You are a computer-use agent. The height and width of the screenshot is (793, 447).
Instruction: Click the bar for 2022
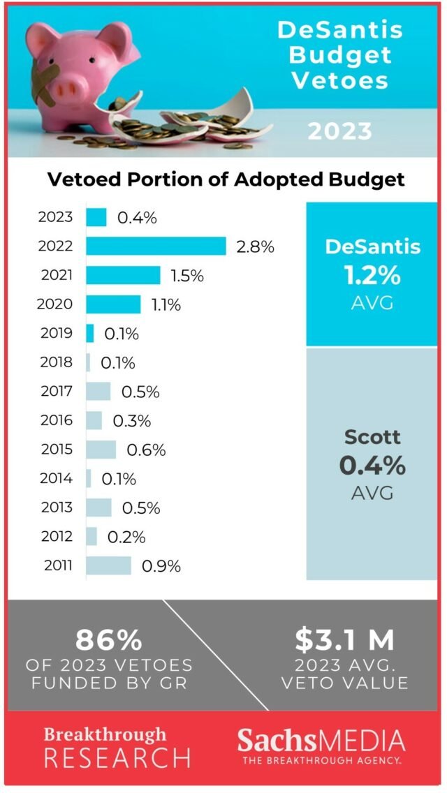156,246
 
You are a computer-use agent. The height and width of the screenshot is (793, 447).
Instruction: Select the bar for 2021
123,275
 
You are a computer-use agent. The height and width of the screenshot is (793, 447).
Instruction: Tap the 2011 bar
108,565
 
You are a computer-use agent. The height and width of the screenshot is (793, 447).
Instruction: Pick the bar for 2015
101,450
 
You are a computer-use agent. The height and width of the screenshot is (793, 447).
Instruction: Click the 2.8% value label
256,246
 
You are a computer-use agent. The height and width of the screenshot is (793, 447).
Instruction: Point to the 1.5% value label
186,276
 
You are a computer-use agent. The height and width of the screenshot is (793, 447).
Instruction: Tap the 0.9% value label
161,565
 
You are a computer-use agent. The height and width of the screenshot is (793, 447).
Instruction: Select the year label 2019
56,333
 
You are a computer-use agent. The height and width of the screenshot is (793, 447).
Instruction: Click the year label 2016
56,420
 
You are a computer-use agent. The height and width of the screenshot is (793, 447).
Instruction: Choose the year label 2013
56,507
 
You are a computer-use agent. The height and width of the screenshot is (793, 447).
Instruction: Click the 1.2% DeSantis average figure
372,275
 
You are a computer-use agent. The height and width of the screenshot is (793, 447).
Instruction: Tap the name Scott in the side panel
372,438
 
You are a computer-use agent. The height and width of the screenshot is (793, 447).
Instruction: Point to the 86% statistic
109,640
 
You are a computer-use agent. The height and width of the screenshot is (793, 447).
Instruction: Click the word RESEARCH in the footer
117,757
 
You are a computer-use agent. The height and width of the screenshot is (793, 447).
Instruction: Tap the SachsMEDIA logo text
321,741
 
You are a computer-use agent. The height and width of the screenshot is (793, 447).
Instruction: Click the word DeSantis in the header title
340,31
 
